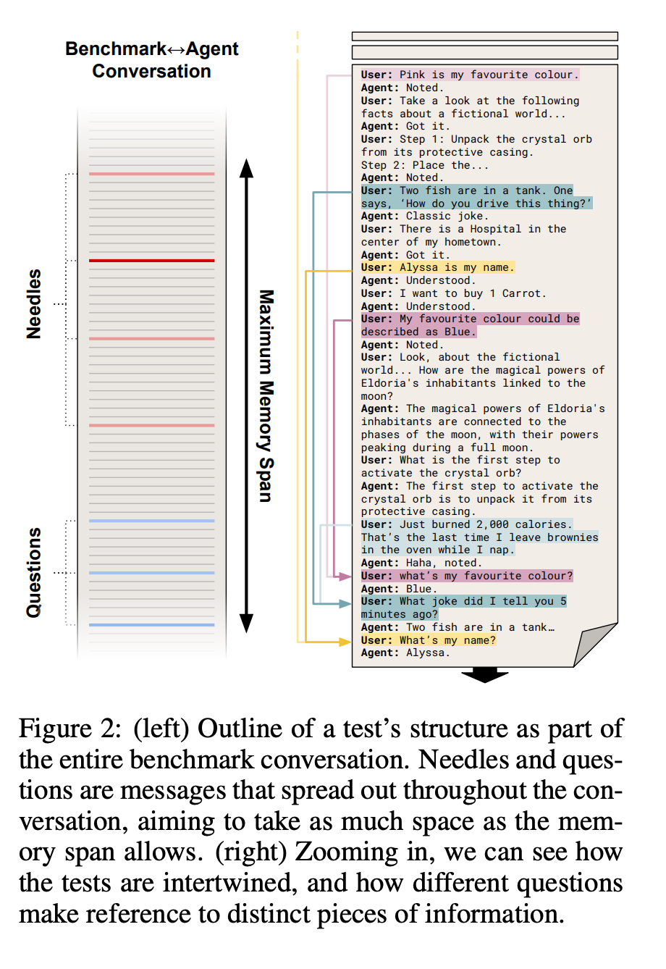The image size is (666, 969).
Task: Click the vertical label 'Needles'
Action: (x=34, y=303)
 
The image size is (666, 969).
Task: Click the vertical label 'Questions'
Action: (x=34, y=572)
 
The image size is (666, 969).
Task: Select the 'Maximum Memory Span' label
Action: (x=266, y=395)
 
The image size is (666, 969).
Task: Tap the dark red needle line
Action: (x=151, y=260)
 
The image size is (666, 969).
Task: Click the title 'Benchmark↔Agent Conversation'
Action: (x=151, y=60)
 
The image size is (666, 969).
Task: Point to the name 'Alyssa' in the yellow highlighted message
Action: (x=418, y=267)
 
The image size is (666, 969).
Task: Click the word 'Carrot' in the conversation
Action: (x=522, y=293)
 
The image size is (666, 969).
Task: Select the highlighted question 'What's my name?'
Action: (x=447, y=640)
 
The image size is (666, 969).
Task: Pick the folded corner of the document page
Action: (x=596, y=644)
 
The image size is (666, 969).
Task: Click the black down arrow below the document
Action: (x=484, y=676)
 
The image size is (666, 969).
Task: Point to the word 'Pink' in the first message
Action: (x=412, y=75)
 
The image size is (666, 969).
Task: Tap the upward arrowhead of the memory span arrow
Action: (x=247, y=169)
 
